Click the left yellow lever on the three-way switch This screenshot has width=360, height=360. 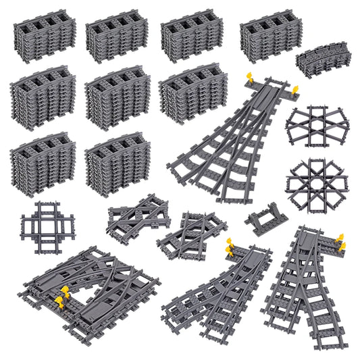(249, 76)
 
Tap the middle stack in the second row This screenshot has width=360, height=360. (117, 97)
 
